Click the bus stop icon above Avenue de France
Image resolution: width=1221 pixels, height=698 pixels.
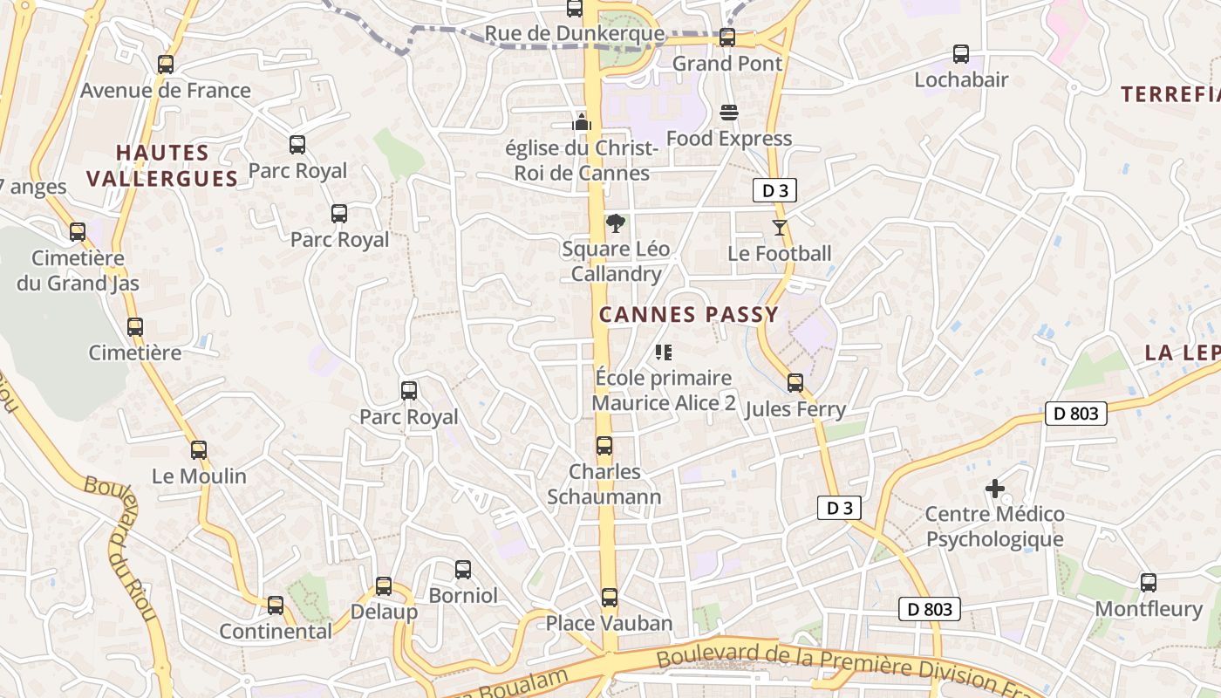click(x=166, y=64)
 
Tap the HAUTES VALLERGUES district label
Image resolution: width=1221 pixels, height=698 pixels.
click(x=162, y=166)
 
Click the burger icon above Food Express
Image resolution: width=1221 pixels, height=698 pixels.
click(x=729, y=112)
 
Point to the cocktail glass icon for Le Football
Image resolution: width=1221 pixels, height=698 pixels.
click(x=779, y=228)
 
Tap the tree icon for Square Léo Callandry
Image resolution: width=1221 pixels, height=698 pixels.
click(x=616, y=222)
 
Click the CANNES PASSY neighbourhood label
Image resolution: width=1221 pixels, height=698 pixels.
click(x=688, y=315)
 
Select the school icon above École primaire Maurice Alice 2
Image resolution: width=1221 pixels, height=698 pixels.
click(x=664, y=352)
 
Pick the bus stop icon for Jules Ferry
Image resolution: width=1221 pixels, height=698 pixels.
click(x=795, y=383)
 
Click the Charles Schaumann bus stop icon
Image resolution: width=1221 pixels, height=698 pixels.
click(x=604, y=446)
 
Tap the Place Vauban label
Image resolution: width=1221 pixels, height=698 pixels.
click(x=609, y=623)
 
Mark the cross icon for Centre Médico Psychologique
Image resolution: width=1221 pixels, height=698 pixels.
click(x=995, y=489)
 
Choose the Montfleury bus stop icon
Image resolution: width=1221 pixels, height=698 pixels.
click(x=1149, y=582)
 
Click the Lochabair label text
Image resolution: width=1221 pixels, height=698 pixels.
click(x=961, y=79)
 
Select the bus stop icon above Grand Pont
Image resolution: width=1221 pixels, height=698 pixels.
click(x=727, y=38)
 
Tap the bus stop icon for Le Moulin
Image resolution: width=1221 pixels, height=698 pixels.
click(x=199, y=450)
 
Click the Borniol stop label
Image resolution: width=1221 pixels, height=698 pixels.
click(x=463, y=595)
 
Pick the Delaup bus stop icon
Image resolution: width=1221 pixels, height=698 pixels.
click(x=384, y=586)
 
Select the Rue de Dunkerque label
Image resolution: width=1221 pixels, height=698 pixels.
click(x=574, y=34)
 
